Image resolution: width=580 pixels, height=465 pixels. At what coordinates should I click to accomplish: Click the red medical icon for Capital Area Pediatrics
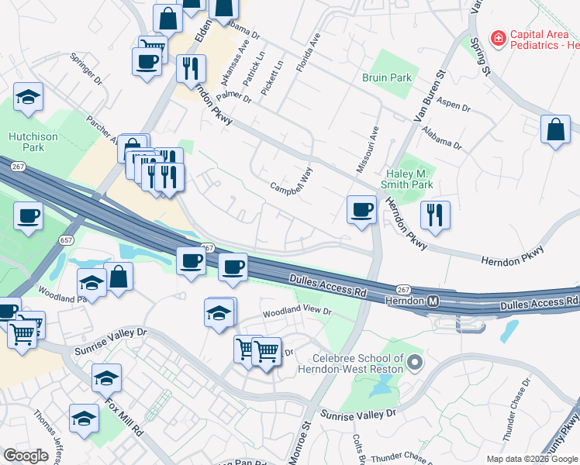(x=497, y=37)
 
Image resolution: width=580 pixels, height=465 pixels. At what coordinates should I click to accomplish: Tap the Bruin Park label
(x=388, y=78)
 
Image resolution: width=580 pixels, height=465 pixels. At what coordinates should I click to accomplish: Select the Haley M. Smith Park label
(x=408, y=180)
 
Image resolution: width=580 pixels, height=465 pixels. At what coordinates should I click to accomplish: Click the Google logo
(x=26, y=456)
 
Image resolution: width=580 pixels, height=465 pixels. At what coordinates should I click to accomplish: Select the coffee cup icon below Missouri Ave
(x=361, y=209)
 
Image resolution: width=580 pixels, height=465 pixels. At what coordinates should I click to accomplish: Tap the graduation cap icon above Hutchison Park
(x=29, y=97)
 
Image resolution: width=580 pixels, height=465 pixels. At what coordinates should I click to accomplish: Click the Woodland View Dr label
(x=297, y=312)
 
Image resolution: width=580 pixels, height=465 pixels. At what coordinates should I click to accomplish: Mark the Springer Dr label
(x=86, y=69)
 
